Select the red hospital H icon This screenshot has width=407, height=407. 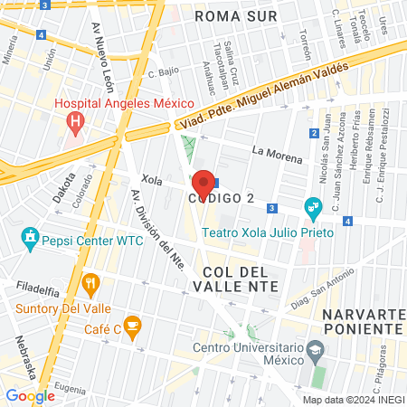[76, 118]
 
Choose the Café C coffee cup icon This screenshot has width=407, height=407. [133, 326]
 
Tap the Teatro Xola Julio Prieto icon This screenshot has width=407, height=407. [313, 206]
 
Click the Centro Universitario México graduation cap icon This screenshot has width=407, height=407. [314, 349]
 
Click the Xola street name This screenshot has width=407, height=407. [152, 181]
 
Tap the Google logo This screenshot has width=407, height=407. [30, 395]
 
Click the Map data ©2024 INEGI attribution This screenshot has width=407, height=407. [354, 400]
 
